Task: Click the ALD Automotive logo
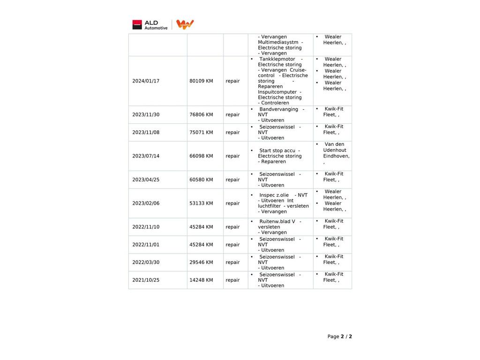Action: [x=150, y=25]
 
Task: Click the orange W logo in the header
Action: [x=185, y=24]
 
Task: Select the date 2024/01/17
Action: [x=146, y=81]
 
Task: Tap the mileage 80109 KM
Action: [x=201, y=81]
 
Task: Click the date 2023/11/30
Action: [x=146, y=115]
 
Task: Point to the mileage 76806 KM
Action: [x=201, y=115]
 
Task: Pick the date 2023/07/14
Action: [x=146, y=156]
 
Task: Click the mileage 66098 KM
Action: [x=201, y=156]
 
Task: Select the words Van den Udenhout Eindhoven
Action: [x=336, y=150]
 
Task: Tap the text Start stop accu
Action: [x=277, y=151]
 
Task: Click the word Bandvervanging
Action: [x=278, y=110]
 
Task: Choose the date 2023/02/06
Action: [x=146, y=203]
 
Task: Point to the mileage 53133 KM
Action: [x=201, y=203]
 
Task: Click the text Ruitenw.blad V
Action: [x=277, y=222]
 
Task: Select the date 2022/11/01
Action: [x=146, y=245]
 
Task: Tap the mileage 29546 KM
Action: [x=201, y=262]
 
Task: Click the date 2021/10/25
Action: [x=146, y=280]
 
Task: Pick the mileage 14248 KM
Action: [x=201, y=280]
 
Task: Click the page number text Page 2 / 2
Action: [x=339, y=337]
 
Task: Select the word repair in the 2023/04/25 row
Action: [x=232, y=180]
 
